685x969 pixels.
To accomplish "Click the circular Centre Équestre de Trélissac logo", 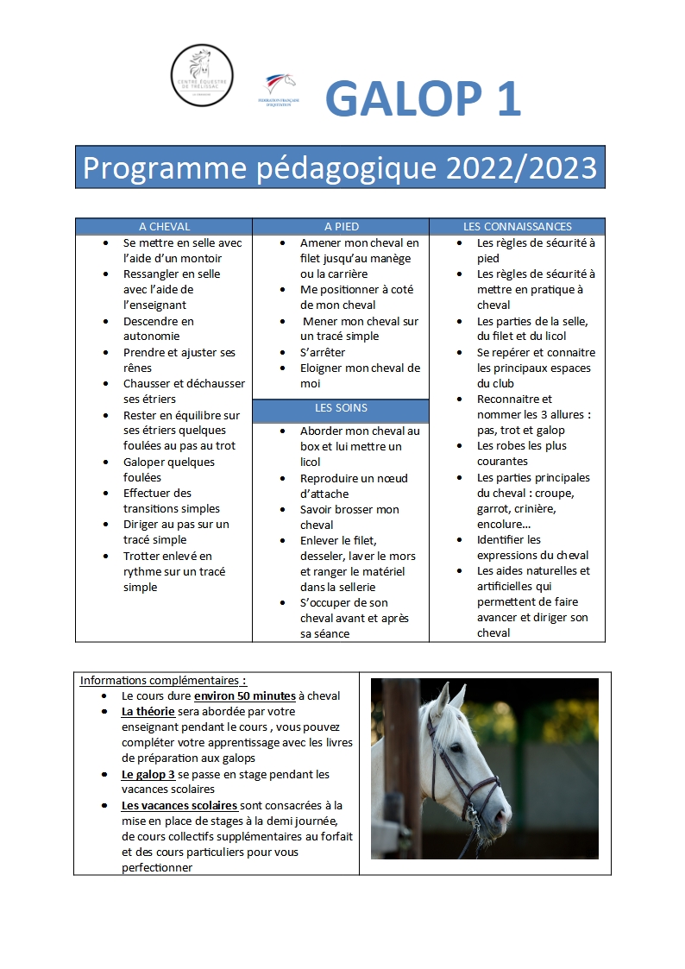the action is tap(202, 75).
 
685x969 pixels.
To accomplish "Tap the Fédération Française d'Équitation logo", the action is tap(279, 91).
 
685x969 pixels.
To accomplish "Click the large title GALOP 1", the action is tap(423, 98).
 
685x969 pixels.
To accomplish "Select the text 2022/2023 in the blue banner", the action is tap(521, 167).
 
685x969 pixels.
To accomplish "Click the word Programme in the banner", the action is tap(165, 169).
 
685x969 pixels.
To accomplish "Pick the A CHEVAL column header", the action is tap(164, 227).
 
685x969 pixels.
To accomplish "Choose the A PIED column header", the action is tap(342, 227).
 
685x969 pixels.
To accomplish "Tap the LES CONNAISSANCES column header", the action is tap(518, 227).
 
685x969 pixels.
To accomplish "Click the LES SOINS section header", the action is tap(341, 408).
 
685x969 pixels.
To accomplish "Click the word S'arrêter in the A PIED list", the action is tap(323, 352).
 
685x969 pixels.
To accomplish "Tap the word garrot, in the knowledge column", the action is tap(499, 508).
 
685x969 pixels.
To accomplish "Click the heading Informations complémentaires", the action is tap(163, 681).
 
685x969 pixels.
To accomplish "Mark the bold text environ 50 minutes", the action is tap(245, 695).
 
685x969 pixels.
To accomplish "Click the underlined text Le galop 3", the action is tap(148, 774).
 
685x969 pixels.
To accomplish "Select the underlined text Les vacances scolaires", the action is tap(179, 805).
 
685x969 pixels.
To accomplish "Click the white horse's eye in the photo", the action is tap(456, 749).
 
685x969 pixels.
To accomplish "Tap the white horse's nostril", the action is tap(501, 817).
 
